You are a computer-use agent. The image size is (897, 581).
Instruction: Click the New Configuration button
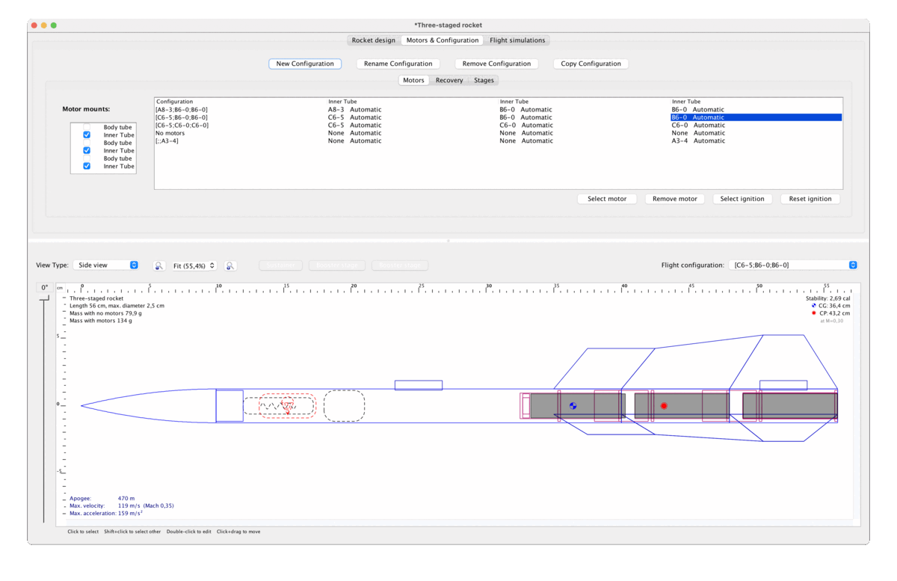tap(305, 64)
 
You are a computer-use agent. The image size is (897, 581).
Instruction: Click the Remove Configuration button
tap(496, 64)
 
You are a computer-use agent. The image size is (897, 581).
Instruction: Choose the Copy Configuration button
tap(591, 64)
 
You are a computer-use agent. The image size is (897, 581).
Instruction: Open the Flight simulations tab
tap(517, 40)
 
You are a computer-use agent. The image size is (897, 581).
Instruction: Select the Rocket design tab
tap(373, 40)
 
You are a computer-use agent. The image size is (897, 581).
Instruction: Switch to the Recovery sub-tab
tap(449, 80)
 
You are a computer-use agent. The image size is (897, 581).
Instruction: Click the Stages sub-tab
tap(484, 80)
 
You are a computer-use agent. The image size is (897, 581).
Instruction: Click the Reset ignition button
tap(810, 199)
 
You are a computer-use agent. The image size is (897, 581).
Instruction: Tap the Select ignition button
tap(742, 199)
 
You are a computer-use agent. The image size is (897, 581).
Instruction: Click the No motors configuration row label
tap(170, 133)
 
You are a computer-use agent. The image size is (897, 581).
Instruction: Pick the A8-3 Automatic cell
tap(354, 109)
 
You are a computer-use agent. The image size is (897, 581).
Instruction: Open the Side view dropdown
tap(108, 265)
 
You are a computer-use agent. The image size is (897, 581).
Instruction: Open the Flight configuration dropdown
tap(793, 265)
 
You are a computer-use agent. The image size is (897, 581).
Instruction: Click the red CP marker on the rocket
tap(663, 406)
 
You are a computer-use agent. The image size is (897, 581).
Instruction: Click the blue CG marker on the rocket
tap(573, 406)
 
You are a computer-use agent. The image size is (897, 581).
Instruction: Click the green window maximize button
tap(54, 25)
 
